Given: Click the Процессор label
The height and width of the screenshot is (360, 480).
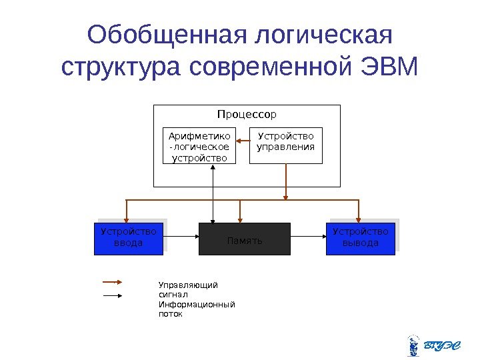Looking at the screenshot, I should [x=247, y=114].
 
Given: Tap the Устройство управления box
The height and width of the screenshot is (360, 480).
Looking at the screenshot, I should [x=285, y=145].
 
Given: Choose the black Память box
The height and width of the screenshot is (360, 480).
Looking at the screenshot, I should [x=245, y=239].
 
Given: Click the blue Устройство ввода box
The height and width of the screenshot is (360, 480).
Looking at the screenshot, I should [x=128, y=239].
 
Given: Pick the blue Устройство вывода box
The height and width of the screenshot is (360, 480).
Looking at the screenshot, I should [x=361, y=239].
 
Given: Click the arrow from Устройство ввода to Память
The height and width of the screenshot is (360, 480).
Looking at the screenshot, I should [x=181, y=235].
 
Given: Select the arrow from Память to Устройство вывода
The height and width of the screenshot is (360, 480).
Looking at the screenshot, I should [x=308, y=235].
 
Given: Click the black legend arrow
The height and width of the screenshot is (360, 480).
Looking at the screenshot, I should [x=111, y=295].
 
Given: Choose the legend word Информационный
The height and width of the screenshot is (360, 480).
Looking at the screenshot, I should [x=197, y=305].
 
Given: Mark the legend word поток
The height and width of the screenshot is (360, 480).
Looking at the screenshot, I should [x=170, y=314].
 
